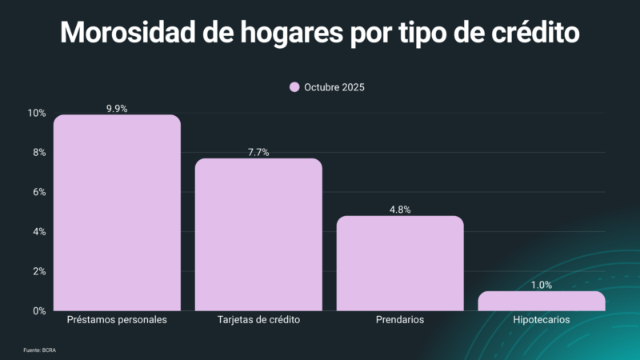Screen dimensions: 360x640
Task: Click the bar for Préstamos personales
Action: click(117, 213)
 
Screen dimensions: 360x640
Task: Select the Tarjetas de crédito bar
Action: click(258, 234)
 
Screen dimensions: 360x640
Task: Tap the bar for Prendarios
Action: click(400, 263)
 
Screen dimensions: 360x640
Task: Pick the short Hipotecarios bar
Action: click(542, 301)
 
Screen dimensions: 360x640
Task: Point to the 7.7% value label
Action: click(258, 152)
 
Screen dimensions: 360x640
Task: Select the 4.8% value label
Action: click(400, 210)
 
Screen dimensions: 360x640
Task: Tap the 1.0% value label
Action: click(542, 285)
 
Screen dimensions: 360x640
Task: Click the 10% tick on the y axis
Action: click(36, 114)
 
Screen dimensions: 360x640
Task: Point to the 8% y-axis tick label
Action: click(38, 153)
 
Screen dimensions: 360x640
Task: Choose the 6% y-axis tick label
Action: click(38, 192)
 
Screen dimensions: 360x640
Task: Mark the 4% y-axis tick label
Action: click(38, 232)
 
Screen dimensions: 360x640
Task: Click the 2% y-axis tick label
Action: click(38, 271)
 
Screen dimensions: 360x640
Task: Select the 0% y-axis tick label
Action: click(38, 310)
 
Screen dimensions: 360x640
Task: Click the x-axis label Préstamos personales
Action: click(117, 320)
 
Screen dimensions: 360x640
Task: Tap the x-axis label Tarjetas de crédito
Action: click(258, 320)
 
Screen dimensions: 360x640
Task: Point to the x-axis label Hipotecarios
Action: click(542, 320)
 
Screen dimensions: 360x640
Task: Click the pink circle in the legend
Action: click(294, 87)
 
